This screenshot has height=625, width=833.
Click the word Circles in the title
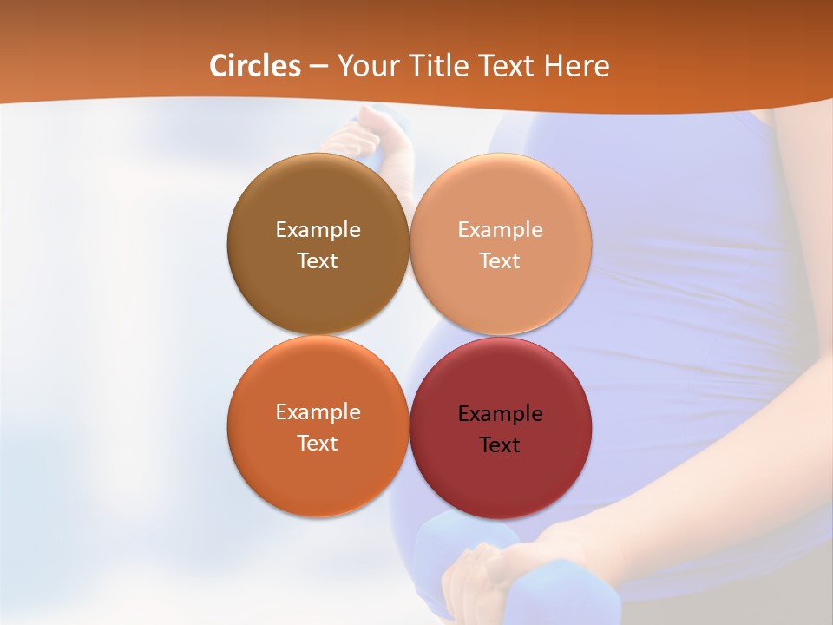pyautogui.click(x=255, y=66)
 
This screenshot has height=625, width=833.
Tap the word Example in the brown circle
pyautogui.click(x=318, y=230)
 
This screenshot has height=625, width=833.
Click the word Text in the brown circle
pyautogui.click(x=318, y=261)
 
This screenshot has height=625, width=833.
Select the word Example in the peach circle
pyautogui.click(x=501, y=230)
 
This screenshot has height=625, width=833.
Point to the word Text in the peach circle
pyautogui.click(x=501, y=261)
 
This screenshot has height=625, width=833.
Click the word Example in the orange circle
pyautogui.click(x=318, y=412)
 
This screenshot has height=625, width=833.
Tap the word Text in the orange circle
pyautogui.click(x=318, y=444)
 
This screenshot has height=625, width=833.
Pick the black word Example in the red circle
pyautogui.click(x=501, y=414)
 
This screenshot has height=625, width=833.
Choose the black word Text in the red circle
pyautogui.click(x=501, y=445)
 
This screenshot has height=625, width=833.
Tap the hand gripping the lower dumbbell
pyautogui.click(x=486, y=573)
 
